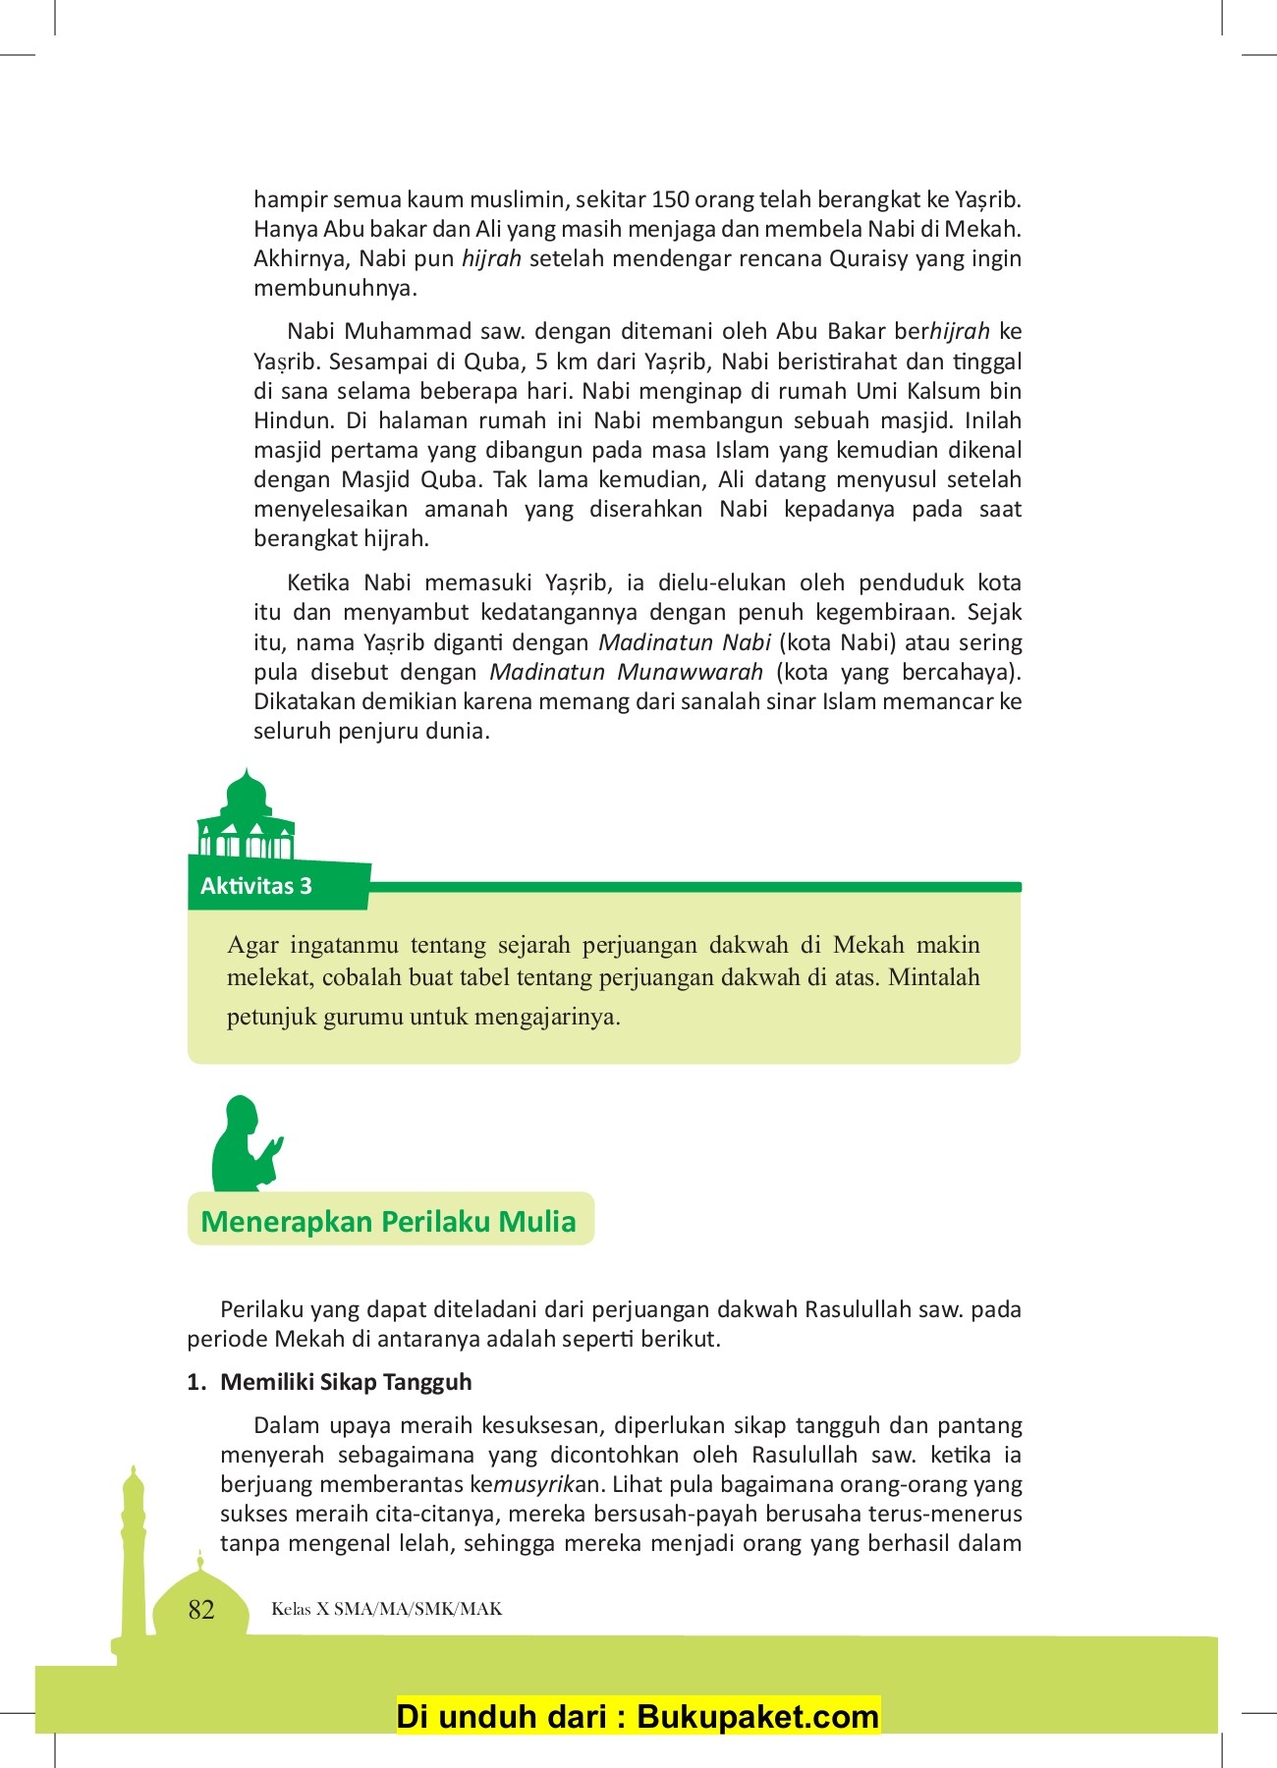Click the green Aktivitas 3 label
(256, 886)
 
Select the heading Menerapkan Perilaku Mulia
(388, 1221)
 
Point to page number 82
(201, 1610)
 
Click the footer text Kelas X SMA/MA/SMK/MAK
(387, 1609)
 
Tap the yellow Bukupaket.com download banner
(638, 1716)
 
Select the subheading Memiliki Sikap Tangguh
(346, 1382)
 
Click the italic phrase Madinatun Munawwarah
(626, 672)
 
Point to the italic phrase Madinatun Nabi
(685, 642)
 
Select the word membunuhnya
(335, 288)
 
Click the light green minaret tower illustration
(133, 1552)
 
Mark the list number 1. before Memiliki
(196, 1382)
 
